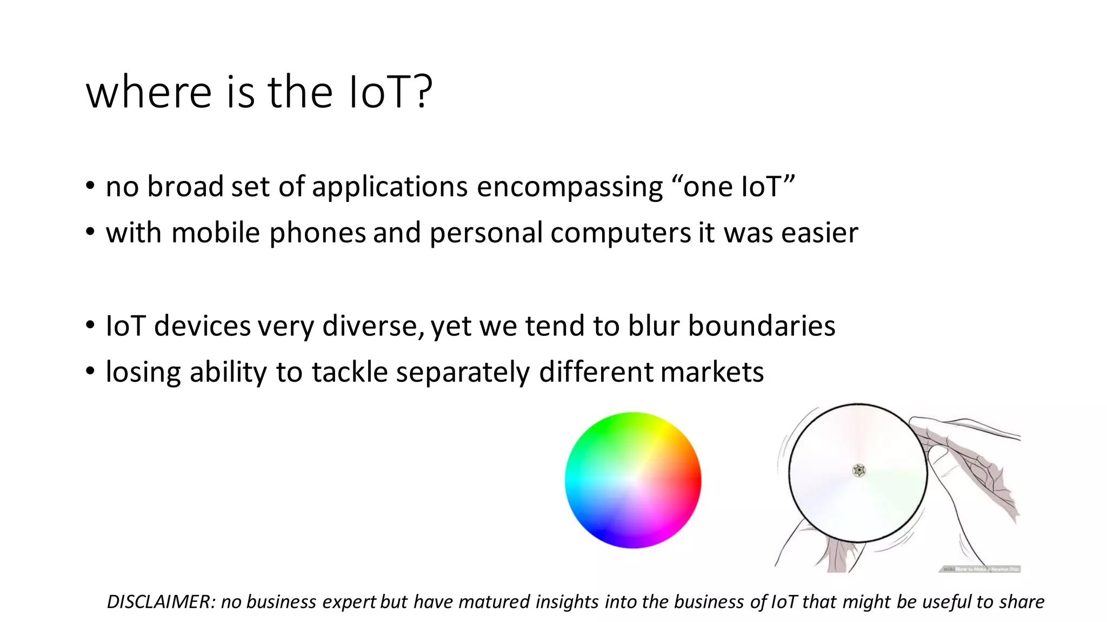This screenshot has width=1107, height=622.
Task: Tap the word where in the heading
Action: [x=149, y=92]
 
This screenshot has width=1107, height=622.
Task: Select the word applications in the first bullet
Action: [x=390, y=187]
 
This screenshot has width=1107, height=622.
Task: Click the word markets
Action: [x=712, y=373]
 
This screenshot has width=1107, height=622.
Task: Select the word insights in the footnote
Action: [x=568, y=601]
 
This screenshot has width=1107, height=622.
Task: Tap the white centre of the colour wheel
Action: [x=633, y=480]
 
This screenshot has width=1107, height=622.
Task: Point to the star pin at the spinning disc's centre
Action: [x=859, y=471]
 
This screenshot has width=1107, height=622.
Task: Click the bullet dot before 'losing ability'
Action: [x=90, y=371]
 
